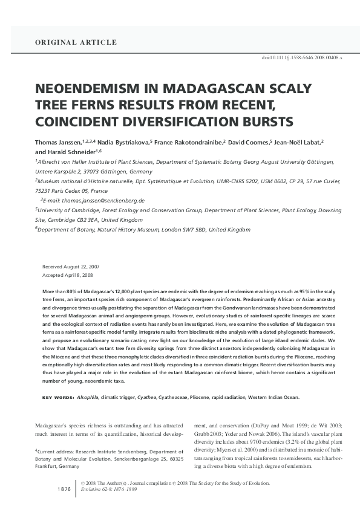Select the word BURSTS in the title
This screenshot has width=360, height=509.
point(267,121)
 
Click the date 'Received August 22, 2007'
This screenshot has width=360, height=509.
point(71,267)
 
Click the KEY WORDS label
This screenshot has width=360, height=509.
point(57,397)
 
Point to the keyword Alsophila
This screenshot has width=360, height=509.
point(88,397)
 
